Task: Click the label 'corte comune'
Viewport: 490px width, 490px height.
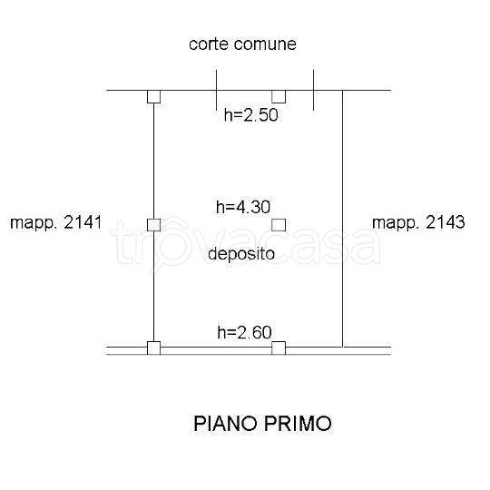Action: (242, 44)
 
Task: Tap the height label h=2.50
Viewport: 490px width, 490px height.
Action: (251, 115)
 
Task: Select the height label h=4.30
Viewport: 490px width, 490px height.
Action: (243, 207)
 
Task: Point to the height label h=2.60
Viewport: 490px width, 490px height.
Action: (244, 332)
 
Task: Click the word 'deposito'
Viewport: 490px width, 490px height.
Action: (241, 255)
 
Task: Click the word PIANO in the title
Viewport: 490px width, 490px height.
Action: (226, 424)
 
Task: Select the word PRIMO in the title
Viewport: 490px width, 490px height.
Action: (298, 424)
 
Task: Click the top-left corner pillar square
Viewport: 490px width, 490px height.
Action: (153, 96)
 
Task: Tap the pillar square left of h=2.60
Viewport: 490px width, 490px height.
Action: (153, 348)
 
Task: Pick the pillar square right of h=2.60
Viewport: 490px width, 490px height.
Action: (279, 348)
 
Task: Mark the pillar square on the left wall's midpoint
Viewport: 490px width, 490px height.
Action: (153, 225)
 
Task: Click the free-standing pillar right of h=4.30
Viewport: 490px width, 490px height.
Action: (279, 225)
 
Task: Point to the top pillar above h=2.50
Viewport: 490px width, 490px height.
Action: (279, 96)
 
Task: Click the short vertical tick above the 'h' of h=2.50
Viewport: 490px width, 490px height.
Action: (216, 90)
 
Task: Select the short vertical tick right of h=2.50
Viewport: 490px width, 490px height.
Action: (313, 90)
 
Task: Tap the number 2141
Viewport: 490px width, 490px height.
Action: (83, 222)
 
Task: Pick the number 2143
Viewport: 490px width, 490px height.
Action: (446, 222)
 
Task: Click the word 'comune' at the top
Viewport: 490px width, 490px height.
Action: (265, 44)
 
